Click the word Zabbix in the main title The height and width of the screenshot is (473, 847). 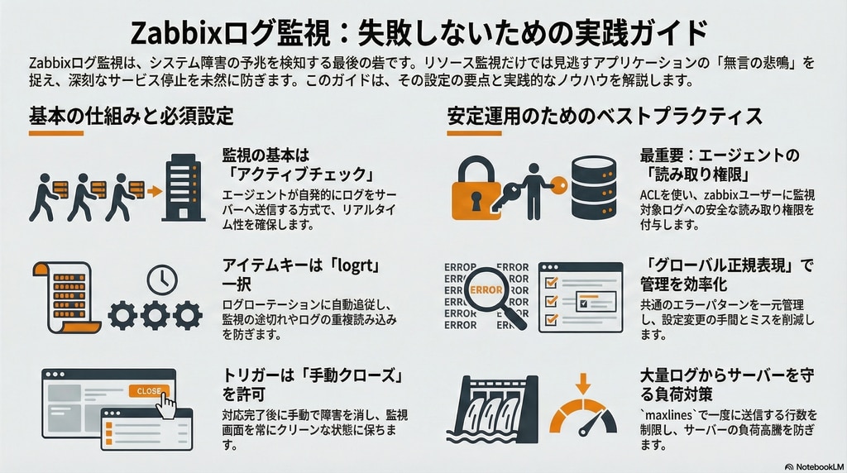click(x=176, y=32)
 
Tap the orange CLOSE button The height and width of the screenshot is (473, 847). click(x=149, y=391)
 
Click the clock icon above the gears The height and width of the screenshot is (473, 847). click(x=162, y=279)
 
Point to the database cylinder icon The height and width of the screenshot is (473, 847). click(x=594, y=188)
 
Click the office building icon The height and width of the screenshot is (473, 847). click(x=184, y=187)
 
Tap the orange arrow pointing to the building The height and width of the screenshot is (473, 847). click(x=155, y=191)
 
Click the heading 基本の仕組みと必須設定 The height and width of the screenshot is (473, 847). click(x=132, y=116)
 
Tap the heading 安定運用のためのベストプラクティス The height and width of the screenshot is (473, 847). click(x=605, y=116)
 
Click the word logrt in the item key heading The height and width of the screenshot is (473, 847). click(x=355, y=265)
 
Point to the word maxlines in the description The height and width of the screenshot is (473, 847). click(x=666, y=415)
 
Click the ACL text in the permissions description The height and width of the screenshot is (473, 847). click(x=650, y=195)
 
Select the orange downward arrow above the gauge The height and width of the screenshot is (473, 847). click(x=583, y=383)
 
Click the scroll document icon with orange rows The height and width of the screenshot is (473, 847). click(x=66, y=297)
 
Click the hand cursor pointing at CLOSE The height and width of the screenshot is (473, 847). click(x=168, y=406)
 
